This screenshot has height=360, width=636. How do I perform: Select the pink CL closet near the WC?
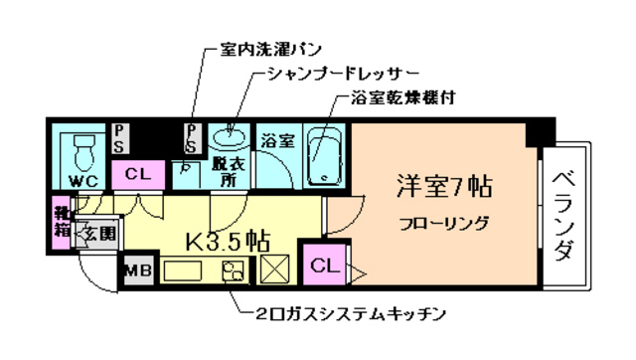pyautogui.click(x=138, y=174)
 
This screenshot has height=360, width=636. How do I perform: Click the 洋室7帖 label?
pyautogui.click(x=432, y=186)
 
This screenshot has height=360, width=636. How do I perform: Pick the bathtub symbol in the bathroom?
pyautogui.click(x=322, y=157)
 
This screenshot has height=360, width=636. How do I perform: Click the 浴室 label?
pyautogui.click(x=277, y=140)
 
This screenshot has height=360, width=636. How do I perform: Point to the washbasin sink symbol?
pyautogui.click(x=230, y=133)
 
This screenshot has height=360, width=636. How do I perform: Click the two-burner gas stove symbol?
pyautogui.click(x=236, y=270)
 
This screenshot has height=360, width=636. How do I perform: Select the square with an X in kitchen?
pyautogui.click(x=273, y=270)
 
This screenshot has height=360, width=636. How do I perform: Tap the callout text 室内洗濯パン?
pyautogui.click(x=269, y=48)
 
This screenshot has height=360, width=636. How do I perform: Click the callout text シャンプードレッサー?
pyautogui.click(x=342, y=75)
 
